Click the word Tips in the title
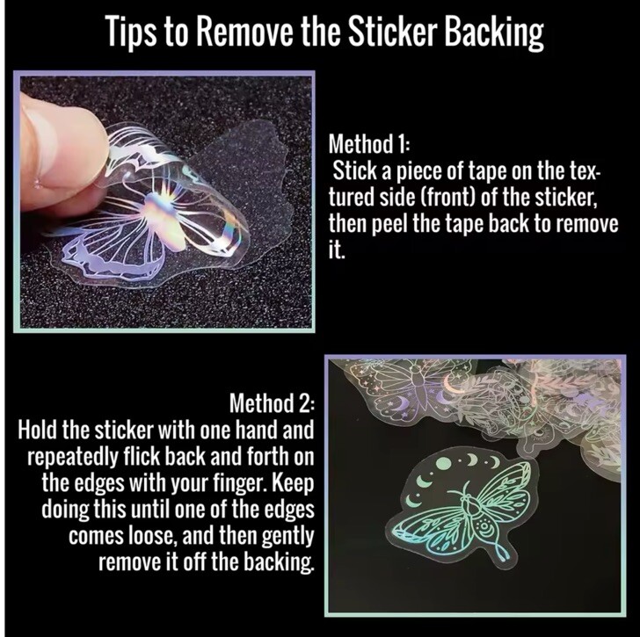131,32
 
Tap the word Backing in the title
494,33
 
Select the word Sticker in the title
393,32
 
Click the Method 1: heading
368,144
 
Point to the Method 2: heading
272,403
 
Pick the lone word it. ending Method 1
337,250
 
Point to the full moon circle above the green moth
443,463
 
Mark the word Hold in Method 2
38,431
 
